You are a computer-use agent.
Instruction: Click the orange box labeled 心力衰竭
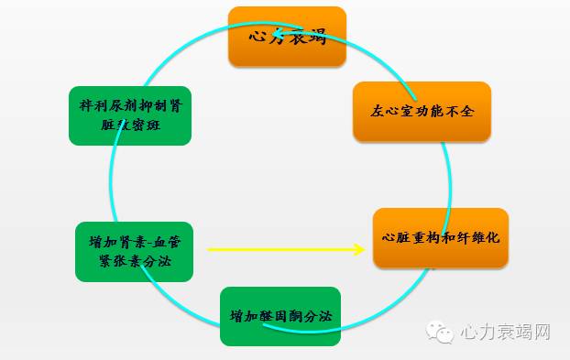(x=287, y=36)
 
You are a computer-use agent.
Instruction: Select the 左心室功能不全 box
(x=422, y=111)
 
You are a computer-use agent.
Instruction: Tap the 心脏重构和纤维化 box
(x=440, y=238)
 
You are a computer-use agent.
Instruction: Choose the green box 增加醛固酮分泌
(x=280, y=316)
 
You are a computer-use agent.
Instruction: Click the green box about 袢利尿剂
(x=129, y=115)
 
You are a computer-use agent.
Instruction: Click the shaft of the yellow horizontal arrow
(x=275, y=248)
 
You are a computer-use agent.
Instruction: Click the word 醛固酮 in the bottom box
(x=279, y=317)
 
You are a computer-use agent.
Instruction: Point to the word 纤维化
(x=477, y=237)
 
